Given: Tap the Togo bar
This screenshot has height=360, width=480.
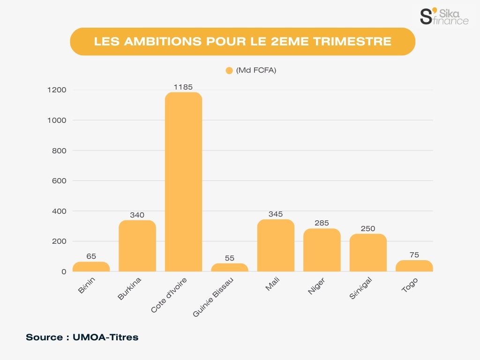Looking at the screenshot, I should (x=414, y=266).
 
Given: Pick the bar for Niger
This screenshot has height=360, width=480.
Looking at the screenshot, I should (x=322, y=250).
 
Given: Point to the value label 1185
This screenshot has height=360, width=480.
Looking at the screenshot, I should (x=183, y=87).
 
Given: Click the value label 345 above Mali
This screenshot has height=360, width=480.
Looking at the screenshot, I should (x=276, y=214).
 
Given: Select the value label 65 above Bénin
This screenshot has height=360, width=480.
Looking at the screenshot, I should (x=91, y=256).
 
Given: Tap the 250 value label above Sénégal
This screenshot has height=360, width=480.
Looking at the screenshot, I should (x=368, y=229).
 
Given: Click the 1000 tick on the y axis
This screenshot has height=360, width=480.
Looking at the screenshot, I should (x=57, y=120).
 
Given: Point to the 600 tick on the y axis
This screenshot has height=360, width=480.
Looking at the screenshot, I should (x=58, y=181).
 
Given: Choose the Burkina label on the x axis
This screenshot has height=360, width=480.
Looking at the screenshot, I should (x=130, y=289).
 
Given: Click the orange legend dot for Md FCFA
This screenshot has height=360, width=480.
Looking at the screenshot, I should (x=229, y=71).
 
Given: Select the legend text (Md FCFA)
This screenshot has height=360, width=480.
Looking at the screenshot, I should (x=256, y=71).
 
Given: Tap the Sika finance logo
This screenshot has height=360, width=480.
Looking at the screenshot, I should (x=443, y=15).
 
